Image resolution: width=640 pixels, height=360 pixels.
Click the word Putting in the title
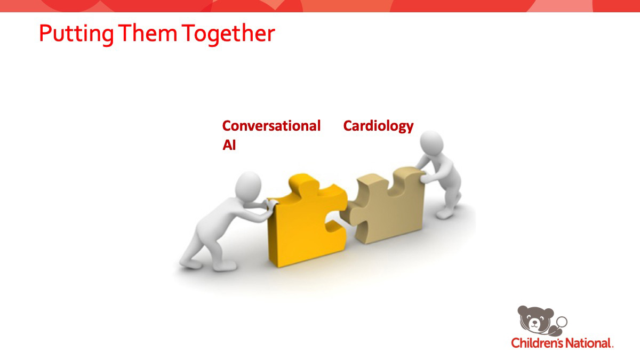[76, 34]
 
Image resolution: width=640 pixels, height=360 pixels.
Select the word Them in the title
[148, 33]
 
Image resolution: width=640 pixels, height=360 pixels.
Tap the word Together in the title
[228, 34]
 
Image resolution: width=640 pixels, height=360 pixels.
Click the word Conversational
[271, 126]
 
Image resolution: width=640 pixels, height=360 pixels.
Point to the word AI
[229, 145]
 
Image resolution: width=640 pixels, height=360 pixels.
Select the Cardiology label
[378, 126]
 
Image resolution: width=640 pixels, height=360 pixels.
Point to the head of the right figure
[431, 143]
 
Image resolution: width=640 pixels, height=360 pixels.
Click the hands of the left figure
[270, 206]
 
